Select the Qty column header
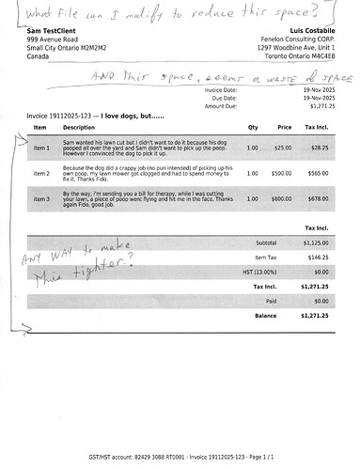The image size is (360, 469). (x=253, y=126)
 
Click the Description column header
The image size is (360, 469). (x=79, y=126)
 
